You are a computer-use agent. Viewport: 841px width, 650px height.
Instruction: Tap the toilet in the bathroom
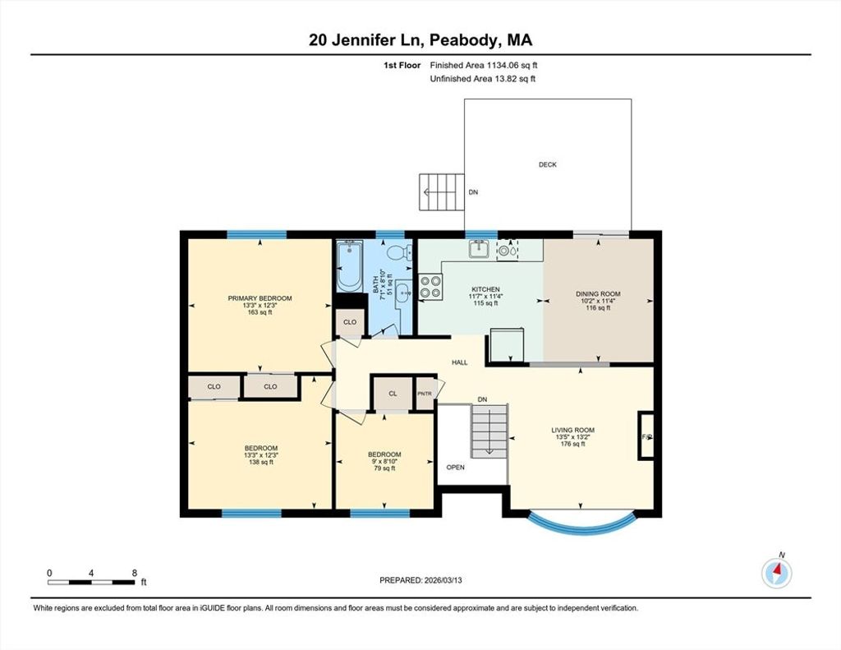click(x=399, y=251)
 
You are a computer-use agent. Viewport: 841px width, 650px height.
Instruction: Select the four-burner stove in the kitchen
click(x=430, y=286)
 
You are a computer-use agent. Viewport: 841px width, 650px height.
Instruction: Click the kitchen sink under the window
click(x=479, y=248)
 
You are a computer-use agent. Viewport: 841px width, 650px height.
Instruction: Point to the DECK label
click(x=548, y=165)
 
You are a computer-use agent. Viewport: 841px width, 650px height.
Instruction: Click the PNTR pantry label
click(x=425, y=394)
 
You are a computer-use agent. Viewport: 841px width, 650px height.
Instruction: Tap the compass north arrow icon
click(x=777, y=573)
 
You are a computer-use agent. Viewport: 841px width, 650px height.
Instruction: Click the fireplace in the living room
click(x=646, y=436)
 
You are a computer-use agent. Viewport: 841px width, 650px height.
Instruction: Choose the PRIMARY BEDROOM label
click(x=260, y=298)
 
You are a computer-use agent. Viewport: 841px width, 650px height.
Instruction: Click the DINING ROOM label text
click(x=598, y=293)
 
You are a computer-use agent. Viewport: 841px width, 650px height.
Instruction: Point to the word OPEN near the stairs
click(x=455, y=468)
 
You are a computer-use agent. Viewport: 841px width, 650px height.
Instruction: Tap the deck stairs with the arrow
click(x=441, y=191)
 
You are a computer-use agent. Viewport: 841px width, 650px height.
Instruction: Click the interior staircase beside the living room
click(x=489, y=431)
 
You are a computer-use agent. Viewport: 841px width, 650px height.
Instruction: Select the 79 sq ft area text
click(x=384, y=468)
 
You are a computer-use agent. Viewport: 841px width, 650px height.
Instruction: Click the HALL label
click(x=460, y=362)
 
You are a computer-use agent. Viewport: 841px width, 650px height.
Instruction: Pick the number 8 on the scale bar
click(x=134, y=573)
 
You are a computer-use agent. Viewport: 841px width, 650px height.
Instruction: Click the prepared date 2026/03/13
click(x=443, y=580)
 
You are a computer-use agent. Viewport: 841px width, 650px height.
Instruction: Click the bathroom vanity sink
click(x=404, y=293)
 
